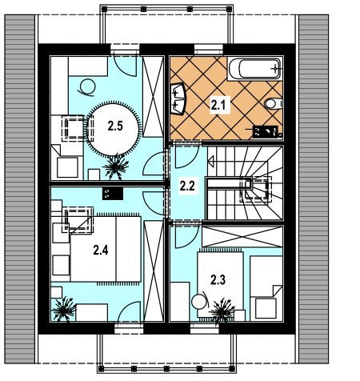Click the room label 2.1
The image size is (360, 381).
(x=218, y=105)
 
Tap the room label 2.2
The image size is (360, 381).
(x=187, y=186)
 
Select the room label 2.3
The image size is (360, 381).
(x=218, y=280)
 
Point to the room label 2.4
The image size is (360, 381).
(x=101, y=251)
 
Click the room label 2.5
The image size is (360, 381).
(x=115, y=126)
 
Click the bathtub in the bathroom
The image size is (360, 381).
(x=254, y=68)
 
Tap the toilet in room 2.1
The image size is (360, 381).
(x=274, y=103)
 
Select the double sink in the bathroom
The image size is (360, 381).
(x=178, y=99)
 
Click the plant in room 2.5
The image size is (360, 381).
(x=116, y=166)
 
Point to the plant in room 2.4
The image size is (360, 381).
(x=64, y=310)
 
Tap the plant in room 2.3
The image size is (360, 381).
(x=222, y=311)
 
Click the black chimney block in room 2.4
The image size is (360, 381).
(x=113, y=194)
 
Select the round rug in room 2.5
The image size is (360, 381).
(x=113, y=130)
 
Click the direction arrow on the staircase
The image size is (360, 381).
(x=211, y=161)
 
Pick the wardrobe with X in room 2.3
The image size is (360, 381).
(x=242, y=237)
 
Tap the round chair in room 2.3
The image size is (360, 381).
(x=199, y=302)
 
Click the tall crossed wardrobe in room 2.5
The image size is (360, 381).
(x=153, y=97)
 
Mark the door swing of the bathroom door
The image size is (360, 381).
(x=186, y=157)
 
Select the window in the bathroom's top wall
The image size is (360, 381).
(x=208, y=50)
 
